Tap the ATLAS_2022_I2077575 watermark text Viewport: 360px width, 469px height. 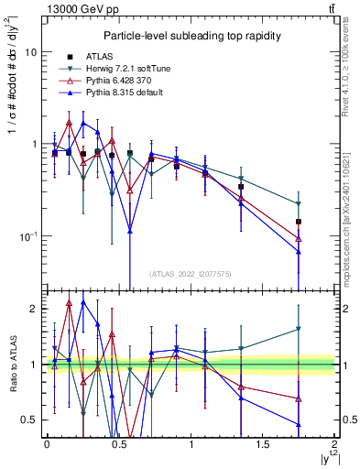pos(190,273)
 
